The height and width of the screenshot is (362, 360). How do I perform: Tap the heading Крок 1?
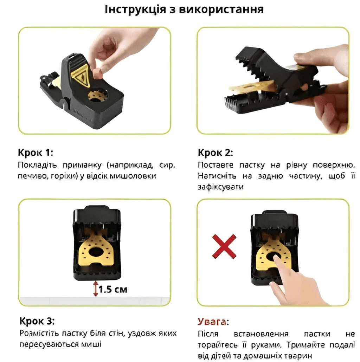(36, 153)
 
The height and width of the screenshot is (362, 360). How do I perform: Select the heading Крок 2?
(216, 153)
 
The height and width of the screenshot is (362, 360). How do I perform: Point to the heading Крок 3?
(37, 321)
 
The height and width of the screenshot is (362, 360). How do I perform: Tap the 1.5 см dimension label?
(113, 290)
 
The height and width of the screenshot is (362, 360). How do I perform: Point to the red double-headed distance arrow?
(96, 289)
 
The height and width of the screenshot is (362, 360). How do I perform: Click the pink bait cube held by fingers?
(97, 73)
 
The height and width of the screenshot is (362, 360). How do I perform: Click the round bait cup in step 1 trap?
(98, 95)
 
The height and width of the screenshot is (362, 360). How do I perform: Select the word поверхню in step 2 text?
(334, 165)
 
